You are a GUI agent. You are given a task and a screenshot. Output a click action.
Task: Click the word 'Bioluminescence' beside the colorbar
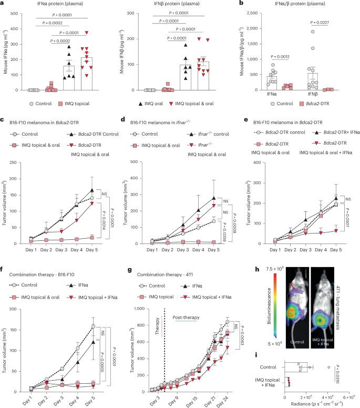point(270,322)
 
